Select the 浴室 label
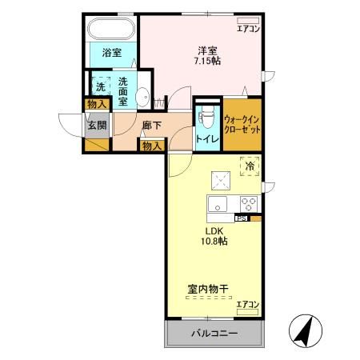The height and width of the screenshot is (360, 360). coord(112,54)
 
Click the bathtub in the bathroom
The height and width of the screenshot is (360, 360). coord(111,30)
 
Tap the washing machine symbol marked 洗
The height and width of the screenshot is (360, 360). coord(101,84)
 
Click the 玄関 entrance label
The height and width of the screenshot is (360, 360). coord(98,125)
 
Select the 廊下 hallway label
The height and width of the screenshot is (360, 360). coord(151,126)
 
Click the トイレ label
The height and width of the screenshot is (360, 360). coord(206,138)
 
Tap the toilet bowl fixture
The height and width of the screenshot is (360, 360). coord(206,118)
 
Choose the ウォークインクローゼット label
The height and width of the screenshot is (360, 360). coord(242,123)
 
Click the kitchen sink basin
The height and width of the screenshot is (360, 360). coord(217,205)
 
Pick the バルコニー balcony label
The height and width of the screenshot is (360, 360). coord(214,333)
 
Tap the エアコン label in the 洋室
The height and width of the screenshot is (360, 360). coord(249,29)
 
